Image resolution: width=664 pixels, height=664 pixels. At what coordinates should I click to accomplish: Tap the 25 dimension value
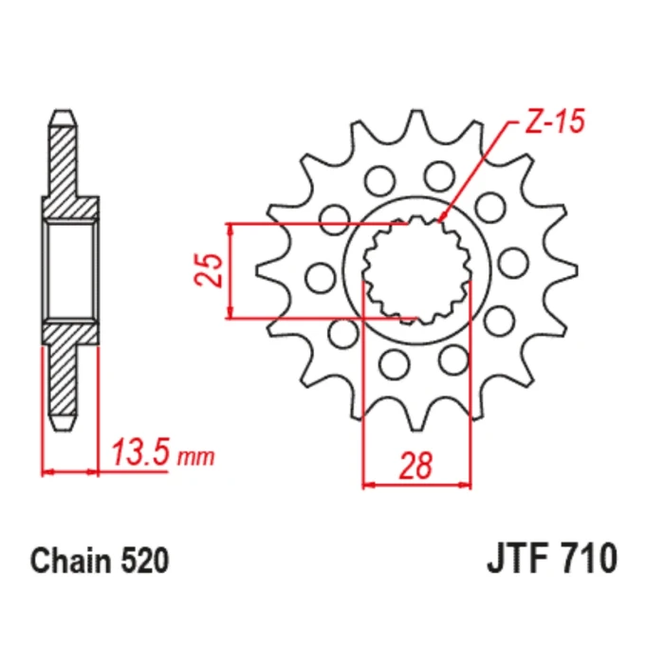[209, 270]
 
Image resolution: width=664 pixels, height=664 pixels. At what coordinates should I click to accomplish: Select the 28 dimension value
[415, 465]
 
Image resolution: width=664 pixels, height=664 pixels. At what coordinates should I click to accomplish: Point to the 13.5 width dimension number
[140, 452]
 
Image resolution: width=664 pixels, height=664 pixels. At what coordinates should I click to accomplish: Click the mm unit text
[196, 457]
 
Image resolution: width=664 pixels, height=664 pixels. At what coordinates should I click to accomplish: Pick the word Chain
[72, 562]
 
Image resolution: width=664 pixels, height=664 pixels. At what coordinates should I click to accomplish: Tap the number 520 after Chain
[145, 562]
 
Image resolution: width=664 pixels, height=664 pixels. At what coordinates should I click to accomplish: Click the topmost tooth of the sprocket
[416, 122]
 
